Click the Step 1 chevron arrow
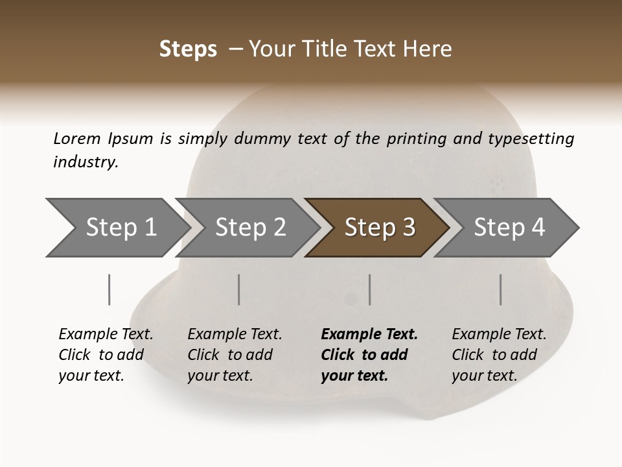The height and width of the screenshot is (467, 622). click(x=121, y=228)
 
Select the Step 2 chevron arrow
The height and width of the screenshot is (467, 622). click(x=250, y=228)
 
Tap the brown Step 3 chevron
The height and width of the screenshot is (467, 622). click(x=379, y=228)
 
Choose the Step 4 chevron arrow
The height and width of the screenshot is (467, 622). click(x=509, y=228)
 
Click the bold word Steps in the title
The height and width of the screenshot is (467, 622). click(x=188, y=49)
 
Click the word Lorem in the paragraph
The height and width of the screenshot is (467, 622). click(x=76, y=138)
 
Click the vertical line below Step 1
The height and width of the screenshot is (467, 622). click(x=109, y=289)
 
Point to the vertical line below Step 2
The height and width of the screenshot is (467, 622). click(x=239, y=289)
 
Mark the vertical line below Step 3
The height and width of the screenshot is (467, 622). click(x=369, y=289)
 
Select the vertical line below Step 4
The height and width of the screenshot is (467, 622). click(x=500, y=289)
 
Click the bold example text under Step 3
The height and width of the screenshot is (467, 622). click(x=368, y=355)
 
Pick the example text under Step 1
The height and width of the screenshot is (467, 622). click(x=106, y=355)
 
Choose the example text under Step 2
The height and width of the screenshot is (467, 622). click(x=235, y=355)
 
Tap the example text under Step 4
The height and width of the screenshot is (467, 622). click(x=499, y=355)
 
